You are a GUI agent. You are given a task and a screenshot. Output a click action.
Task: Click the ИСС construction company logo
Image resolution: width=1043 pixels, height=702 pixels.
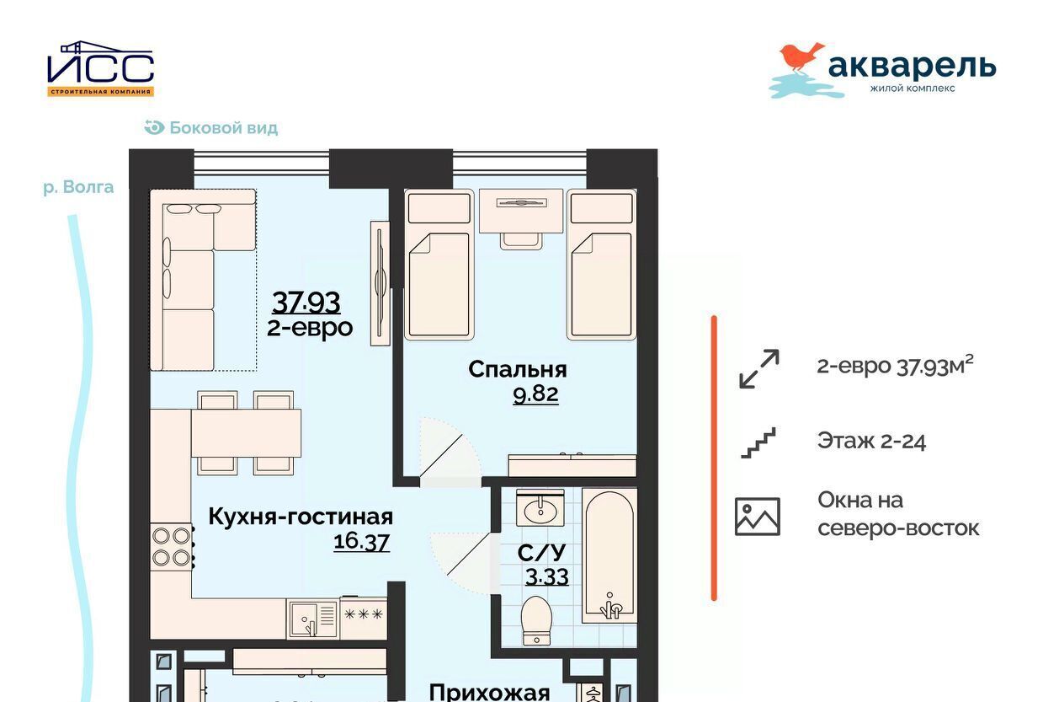(x=100, y=69)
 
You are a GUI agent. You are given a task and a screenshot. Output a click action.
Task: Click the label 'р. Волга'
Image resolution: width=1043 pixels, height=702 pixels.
(x=78, y=187)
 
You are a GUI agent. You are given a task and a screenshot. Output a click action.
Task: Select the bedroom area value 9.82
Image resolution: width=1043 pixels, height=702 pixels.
(x=535, y=394)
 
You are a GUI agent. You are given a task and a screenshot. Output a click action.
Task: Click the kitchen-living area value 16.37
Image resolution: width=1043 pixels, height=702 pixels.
(x=361, y=542)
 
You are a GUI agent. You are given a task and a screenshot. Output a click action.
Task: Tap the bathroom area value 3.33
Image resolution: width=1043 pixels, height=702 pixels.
(x=546, y=576)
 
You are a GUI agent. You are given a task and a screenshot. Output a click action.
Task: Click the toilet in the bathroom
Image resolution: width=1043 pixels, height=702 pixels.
(x=537, y=621)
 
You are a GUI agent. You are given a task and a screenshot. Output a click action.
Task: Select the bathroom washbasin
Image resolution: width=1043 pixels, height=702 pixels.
(x=540, y=507)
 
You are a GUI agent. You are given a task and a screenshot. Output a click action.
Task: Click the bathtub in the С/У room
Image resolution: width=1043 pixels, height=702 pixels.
(x=609, y=555)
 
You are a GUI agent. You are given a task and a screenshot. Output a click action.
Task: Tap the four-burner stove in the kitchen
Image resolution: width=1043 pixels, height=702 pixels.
(x=171, y=546)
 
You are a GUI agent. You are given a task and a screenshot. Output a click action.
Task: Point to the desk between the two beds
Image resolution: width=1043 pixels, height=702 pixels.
(x=521, y=211)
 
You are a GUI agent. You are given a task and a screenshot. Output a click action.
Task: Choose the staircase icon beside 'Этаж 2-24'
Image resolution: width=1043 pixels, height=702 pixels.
(x=758, y=442)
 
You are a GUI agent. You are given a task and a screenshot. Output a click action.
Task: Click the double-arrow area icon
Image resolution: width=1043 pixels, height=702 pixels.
(x=759, y=369)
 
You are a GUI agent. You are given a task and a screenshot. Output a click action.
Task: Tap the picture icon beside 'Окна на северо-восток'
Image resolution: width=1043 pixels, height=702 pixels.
(x=758, y=517)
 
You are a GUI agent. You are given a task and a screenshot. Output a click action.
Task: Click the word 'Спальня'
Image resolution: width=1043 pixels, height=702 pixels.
(x=518, y=370)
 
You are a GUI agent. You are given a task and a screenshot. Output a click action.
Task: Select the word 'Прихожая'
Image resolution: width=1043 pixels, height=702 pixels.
(x=489, y=693)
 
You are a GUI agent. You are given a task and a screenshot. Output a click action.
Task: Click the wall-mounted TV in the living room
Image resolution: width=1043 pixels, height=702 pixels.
(x=380, y=283)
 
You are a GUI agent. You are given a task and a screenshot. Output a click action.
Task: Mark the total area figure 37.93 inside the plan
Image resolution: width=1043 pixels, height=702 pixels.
(x=306, y=303)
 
